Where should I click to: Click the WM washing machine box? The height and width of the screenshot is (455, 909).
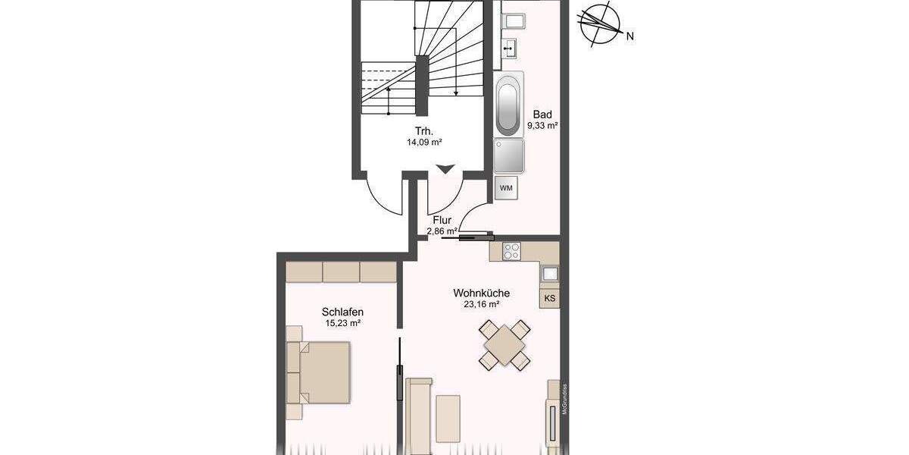pos(506,187)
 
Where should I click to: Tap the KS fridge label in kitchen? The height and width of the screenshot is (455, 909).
pos(550,298)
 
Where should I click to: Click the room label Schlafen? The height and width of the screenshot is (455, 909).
pos(343,312)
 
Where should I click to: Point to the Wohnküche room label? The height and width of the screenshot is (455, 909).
pos(481,293)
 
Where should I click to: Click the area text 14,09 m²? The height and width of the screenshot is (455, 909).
pos(424,140)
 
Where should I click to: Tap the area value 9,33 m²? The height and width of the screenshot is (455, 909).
pos(542,126)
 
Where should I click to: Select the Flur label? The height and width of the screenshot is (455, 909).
pos(442,220)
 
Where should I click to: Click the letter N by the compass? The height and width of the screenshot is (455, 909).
pos(629,35)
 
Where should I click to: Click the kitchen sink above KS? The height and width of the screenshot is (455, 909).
pos(550,273)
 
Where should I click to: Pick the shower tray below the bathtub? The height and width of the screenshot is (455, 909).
pos(508,157)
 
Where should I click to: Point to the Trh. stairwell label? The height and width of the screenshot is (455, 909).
pos(423,129)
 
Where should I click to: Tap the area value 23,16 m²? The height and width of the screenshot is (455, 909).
pos(481,305)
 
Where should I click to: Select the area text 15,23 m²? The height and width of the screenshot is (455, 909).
pos(343,323)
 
